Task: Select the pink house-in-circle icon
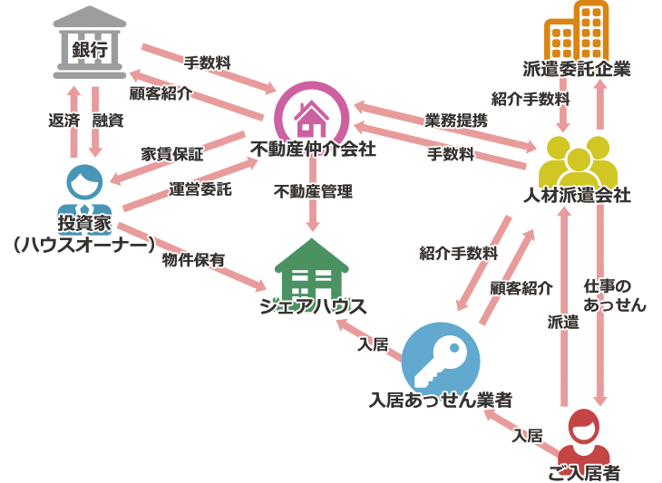tap(311, 112)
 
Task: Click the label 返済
tap(63, 119)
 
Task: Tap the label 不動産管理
tap(313, 191)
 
